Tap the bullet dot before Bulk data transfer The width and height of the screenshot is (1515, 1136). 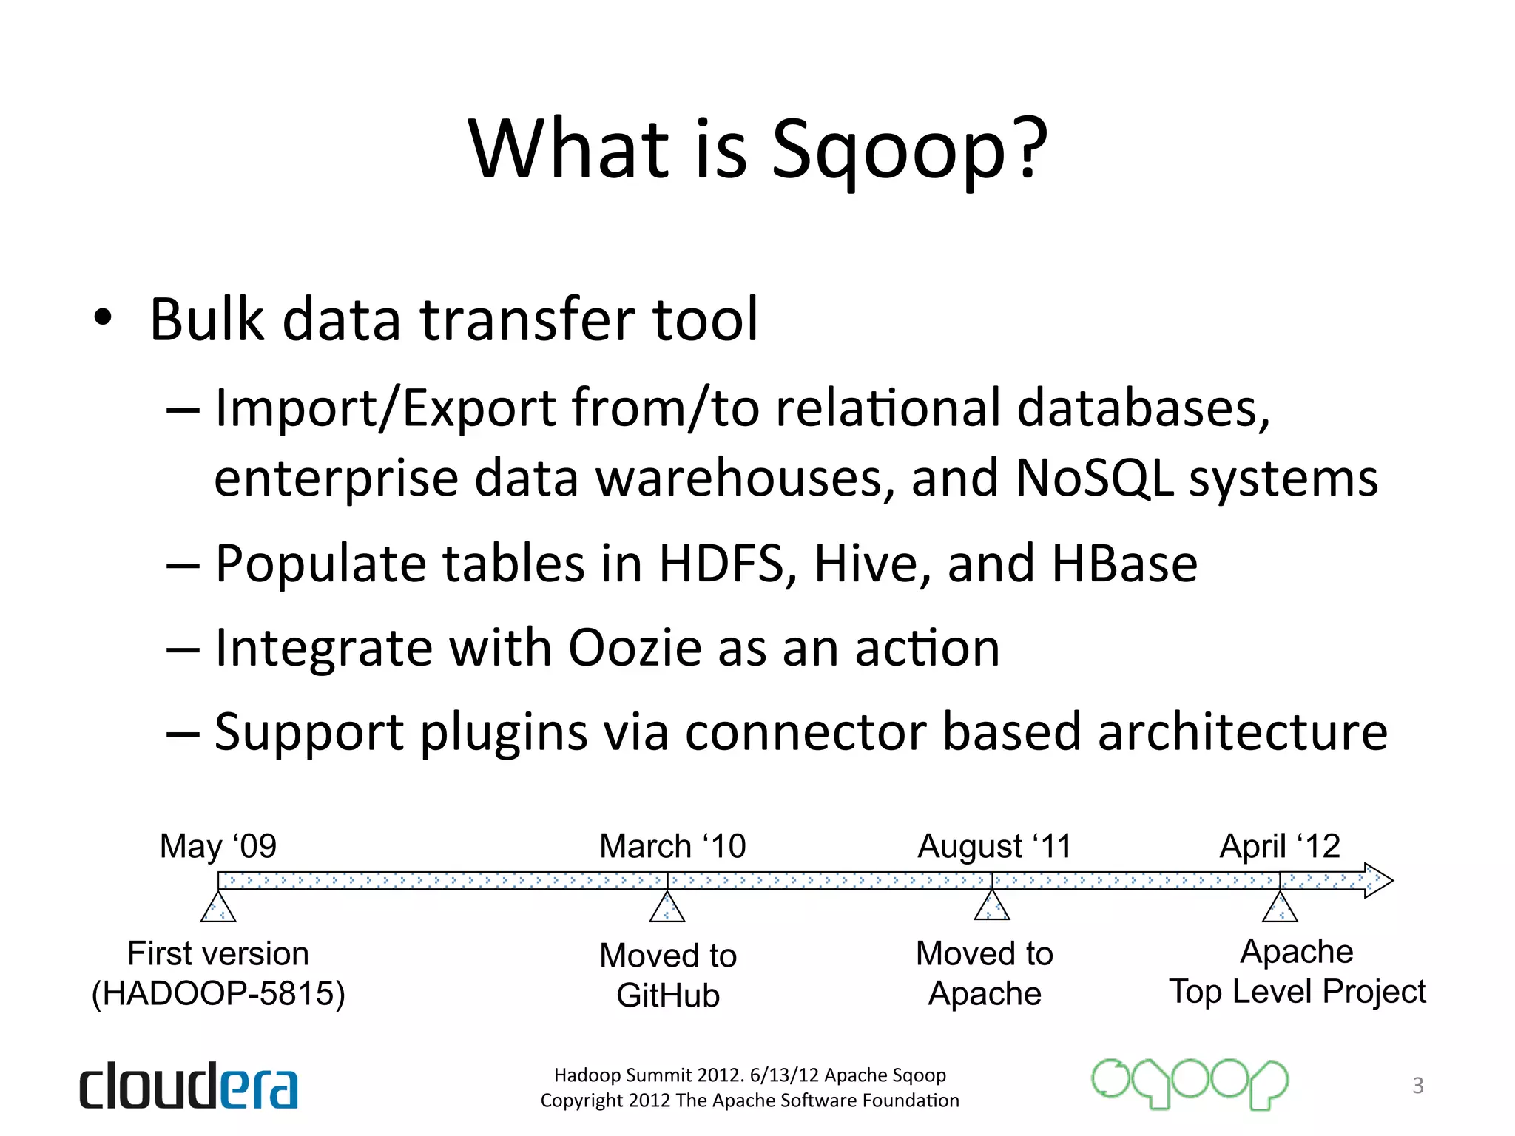pos(103,319)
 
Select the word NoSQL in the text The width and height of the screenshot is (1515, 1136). pos(1093,478)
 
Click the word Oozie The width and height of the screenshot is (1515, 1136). pos(634,648)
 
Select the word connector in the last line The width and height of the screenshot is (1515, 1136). pos(807,732)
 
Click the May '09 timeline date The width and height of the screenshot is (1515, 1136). pos(218,845)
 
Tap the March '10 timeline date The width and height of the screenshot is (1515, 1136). pos(672,845)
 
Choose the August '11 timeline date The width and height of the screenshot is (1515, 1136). pos(994,845)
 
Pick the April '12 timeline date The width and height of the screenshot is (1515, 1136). pos(1280,845)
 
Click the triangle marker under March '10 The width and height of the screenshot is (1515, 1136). pos(667,908)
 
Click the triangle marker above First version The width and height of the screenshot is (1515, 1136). pos(218,908)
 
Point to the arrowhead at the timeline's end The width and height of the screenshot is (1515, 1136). pos(1377,880)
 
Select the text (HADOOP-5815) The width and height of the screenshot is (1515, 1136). pos(218,993)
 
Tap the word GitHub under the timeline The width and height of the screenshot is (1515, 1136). pos(668,995)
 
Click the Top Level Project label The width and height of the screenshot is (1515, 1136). pos(1298,992)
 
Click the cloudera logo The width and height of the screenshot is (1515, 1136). pos(189,1086)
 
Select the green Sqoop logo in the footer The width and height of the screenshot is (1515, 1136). pos(1190,1083)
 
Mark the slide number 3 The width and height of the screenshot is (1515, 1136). pos(1417,1085)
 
